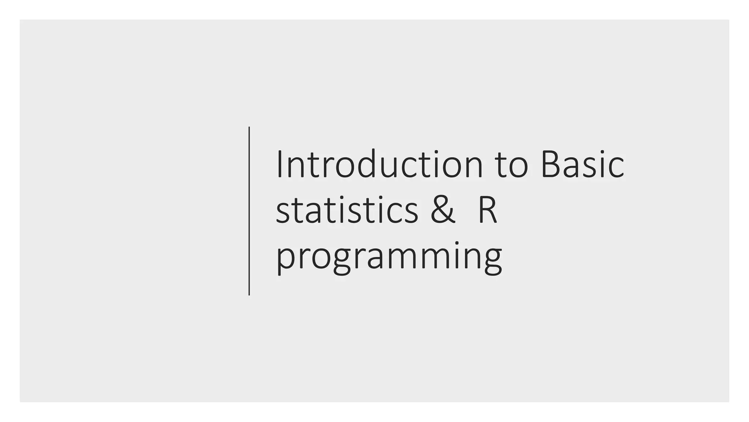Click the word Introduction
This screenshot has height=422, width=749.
(x=380, y=164)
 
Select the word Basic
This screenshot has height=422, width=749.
(x=582, y=164)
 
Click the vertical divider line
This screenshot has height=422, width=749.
(x=249, y=211)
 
